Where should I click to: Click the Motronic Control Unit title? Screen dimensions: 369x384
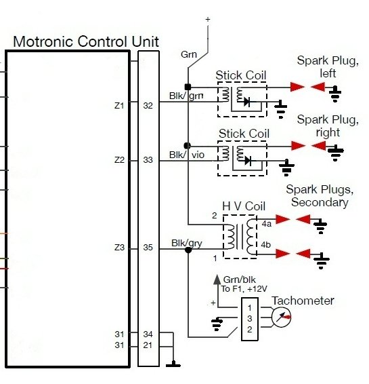[x=86, y=41]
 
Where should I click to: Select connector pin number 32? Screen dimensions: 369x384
[x=148, y=106]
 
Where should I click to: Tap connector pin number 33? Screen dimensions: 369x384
[x=148, y=160]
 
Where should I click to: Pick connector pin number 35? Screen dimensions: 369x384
[x=148, y=248]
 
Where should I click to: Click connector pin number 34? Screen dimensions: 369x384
[x=148, y=334]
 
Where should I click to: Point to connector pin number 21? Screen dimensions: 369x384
[x=148, y=345]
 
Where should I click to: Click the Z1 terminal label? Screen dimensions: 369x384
[x=119, y=106]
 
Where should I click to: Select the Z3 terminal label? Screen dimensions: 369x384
[x=119, y=248]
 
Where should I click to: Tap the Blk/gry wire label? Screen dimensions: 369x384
[x=187, y=243]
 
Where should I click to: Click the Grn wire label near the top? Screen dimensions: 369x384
[x=189, y=54]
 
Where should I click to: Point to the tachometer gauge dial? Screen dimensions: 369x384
[x=281, y=318]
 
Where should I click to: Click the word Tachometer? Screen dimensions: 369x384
[x=303, y=301]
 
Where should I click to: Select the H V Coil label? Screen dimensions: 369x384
[x=244, y=206]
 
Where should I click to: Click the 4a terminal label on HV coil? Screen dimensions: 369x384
[x=267, y=224]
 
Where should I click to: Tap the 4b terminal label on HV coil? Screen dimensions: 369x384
[x=266, y=245]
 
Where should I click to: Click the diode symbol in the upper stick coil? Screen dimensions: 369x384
[x=246, y=101]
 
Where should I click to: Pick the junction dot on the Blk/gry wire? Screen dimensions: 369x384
[x=188, y=250]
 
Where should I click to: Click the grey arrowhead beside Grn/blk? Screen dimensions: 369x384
[x=217, y=280]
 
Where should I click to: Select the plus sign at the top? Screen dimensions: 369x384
[x=208, y=19]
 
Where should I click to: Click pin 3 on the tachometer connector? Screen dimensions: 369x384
[x=250, y=319]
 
